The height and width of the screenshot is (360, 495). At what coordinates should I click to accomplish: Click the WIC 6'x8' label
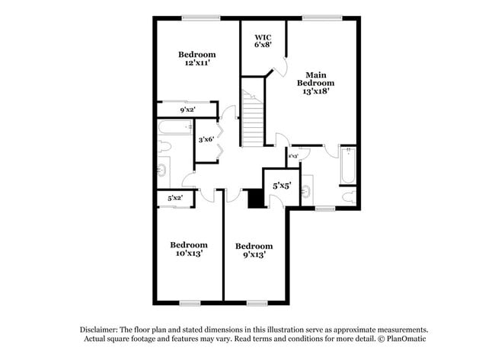pyautogui.click(x=263, y=40)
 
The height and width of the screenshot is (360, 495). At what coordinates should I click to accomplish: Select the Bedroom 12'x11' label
pyautogui.click(x=196, y=59)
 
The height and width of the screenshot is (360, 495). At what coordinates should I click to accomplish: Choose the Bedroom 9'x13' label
pyautogui.click(x=254, y=250)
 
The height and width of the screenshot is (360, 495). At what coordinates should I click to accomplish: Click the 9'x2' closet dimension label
pyautogui.click(x=188, y=110)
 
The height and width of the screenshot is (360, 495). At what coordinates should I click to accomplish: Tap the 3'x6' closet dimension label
pyautogui.click(x=205, y=140)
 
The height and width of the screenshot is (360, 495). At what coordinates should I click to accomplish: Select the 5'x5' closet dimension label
pyautogui.click(x=281, y=184)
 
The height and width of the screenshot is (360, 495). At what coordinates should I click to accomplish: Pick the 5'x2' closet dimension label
pyautogui.click(x=175, y=199)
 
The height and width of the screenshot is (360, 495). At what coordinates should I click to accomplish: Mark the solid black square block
pyautogui.click(x=257, y=198)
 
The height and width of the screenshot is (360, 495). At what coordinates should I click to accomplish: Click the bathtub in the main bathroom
pyautogui.click(x=347, y=165)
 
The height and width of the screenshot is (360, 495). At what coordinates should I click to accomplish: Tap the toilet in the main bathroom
pyautogui.click(x=347, y=196)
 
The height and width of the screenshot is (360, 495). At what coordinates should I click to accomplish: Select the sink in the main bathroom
pyautogui.click(x=306, y=190)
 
